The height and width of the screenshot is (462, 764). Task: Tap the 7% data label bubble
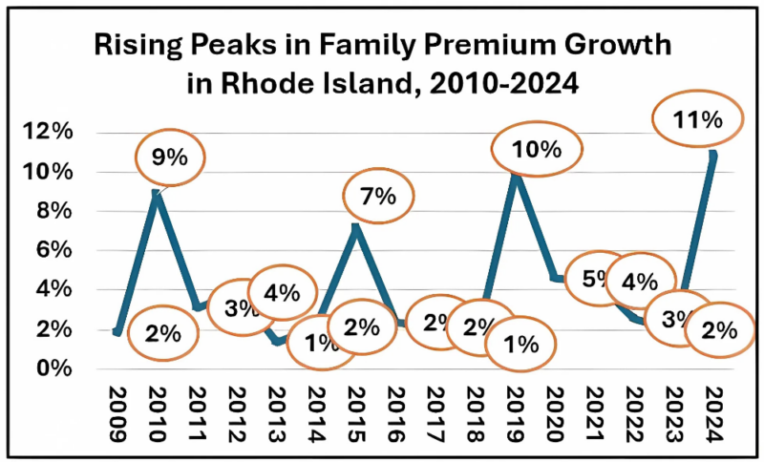378,197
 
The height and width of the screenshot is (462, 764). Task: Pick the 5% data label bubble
596,280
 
